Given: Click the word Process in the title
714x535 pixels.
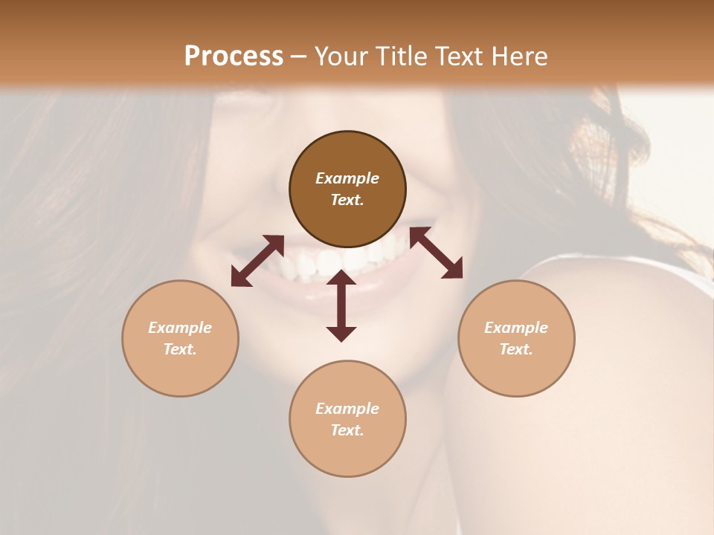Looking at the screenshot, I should click(234, 56).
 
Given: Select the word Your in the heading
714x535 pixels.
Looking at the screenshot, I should click(341, 56).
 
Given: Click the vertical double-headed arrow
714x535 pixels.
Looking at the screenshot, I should click(341, 305).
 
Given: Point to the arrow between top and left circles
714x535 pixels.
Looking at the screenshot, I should click(257, 261).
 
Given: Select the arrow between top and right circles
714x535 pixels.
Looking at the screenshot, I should click(436, 253).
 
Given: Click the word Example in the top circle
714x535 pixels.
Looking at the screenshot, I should click(347, 178).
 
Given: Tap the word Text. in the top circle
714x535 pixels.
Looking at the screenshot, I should click(347, 200).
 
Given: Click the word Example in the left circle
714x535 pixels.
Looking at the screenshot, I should click(180, 328).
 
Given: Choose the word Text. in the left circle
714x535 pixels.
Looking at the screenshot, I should click(180, 349).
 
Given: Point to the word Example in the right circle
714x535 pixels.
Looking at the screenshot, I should click(516, 328).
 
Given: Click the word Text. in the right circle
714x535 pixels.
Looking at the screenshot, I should click(516, 349).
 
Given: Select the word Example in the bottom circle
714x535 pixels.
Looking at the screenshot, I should click(347, 409).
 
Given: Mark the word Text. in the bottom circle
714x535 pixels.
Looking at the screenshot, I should click(347, 430).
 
